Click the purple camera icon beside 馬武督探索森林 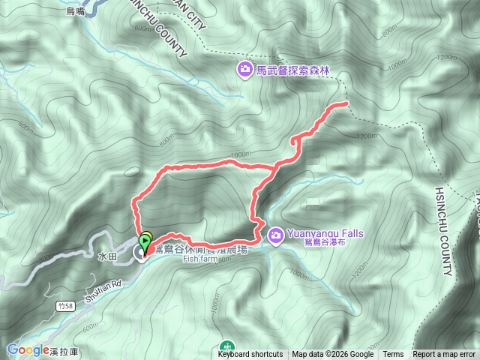tap(245, 70)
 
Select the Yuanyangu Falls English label tap(325, 233)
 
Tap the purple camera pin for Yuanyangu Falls tap(276, 235)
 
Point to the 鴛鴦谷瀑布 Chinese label tap(325, 243)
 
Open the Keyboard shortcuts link tap(250, 355)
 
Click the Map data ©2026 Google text tap(333, 355)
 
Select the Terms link tap(393, 355)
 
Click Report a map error tap(445, 355)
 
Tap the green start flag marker tap(145, 238)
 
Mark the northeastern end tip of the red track tap(347, 103)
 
